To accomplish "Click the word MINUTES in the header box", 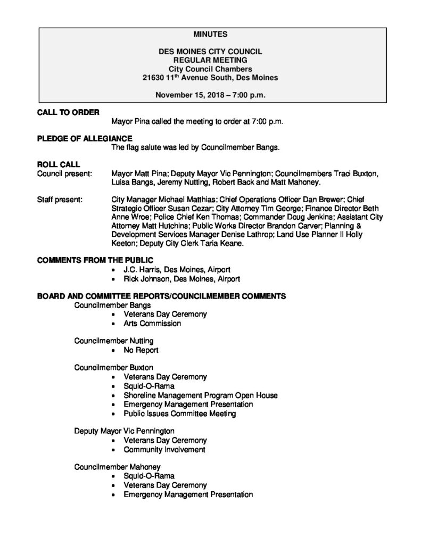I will pyautogui.click(x=210, y=34).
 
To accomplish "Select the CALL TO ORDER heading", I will pyautogui.click(x=68, y=112).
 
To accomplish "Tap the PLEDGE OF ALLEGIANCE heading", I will pyautogui.click(x=85, y=138).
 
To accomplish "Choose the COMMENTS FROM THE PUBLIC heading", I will pyautogui.click(x=95, y=260).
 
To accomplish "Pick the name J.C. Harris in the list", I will pyautogui.click(x=144, y=270).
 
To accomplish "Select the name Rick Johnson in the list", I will pyautogui.click(x=148, y=278).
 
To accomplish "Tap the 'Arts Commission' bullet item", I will pyautogui.click(x=152, y=323).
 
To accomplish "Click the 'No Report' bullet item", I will pyautogui.click(x=141, y=350).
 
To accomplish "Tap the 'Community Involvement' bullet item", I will pyautogui.click(x=164, y=449).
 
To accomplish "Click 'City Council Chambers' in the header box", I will pyautogui.click(x=210, y=69).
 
